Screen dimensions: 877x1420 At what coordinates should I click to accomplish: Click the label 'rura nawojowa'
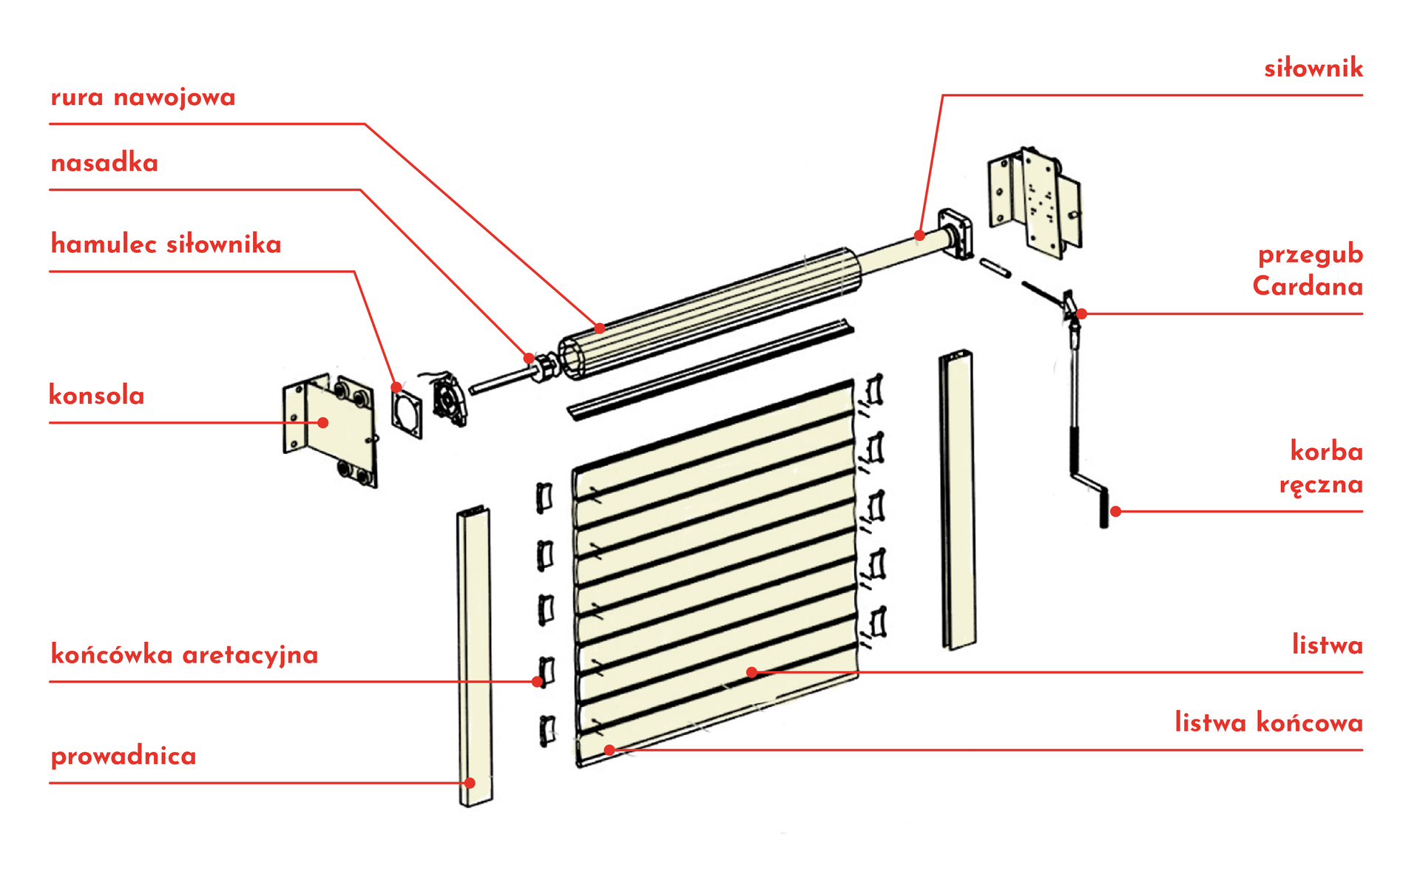click(143, 98)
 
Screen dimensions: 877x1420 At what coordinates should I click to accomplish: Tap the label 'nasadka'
click(104, 163)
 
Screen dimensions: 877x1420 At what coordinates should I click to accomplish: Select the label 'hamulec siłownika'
click(166, 245)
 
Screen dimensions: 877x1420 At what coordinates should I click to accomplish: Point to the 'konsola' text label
click(96, 396)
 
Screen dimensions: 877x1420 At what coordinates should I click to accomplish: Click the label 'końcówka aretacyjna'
click(184, 655)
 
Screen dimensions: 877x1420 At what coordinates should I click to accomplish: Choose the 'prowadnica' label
click(124, 756)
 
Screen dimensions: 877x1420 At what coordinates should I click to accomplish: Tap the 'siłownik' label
click(1313, 69)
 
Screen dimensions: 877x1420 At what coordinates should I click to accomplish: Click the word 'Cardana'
click(1307, 286)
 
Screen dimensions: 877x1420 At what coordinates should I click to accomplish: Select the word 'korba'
click(1326, 451)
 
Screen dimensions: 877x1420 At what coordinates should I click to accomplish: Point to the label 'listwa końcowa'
click(1268, 722)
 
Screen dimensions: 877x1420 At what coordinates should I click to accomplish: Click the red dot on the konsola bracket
click(323, 423)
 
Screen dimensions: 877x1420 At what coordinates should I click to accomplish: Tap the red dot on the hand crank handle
click(1115, 511)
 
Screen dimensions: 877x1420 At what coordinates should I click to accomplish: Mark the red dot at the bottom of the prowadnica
click(470, 782)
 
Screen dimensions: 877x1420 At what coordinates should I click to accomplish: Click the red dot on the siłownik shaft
click(919, 236)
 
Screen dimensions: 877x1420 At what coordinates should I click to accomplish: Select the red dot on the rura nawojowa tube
click(599, 328)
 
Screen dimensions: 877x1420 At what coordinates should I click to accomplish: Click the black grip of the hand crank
click(1104, 510)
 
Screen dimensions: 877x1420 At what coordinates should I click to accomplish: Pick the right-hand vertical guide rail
click(958, 499)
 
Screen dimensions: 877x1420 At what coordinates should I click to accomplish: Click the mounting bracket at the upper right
click(1035, 201)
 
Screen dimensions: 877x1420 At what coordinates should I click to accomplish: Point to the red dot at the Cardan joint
click(1081, 314)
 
